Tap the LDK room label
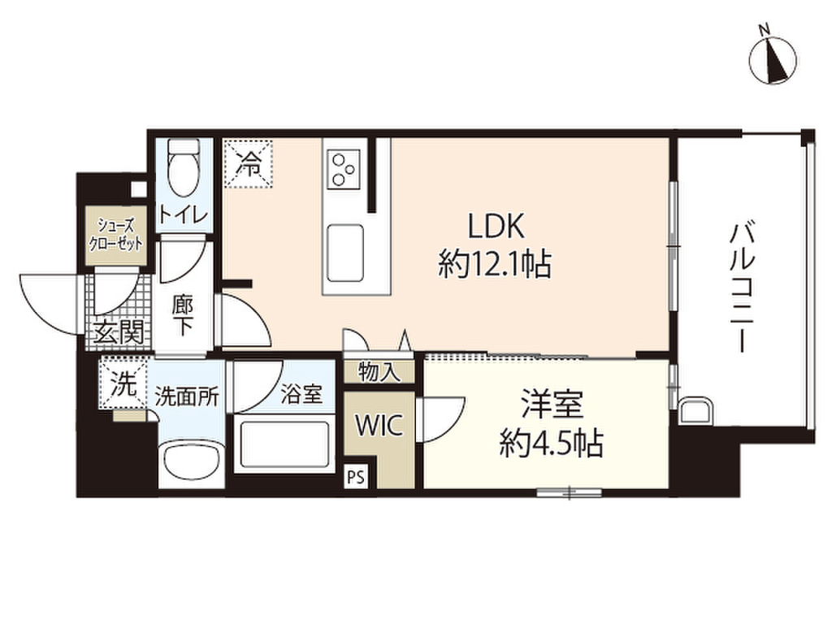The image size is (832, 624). (497, 225)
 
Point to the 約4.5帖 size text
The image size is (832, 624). (550, 443)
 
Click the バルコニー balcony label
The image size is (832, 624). (739, 288)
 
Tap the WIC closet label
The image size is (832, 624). (379, 427)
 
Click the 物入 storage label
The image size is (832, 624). (379, 372)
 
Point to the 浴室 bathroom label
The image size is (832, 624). (302, 396)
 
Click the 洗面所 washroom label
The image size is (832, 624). (187, 397)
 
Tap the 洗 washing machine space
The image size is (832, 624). (123, 384)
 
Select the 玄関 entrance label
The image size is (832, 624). (118, 331)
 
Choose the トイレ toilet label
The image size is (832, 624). (184, 214)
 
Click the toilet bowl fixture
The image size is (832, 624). (184, 167)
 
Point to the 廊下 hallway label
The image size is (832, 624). (182, 314)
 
